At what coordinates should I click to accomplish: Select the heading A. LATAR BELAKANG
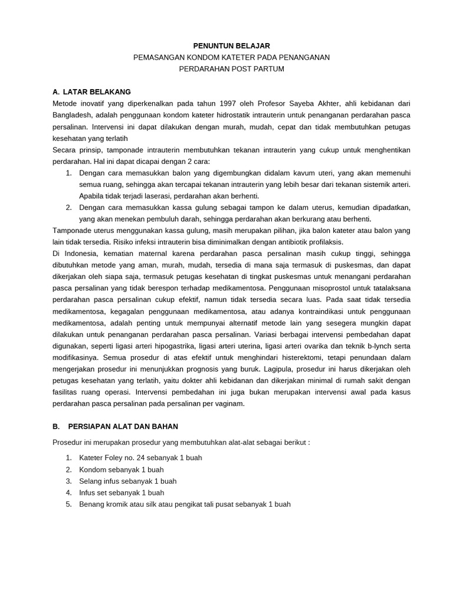tap(91, 92)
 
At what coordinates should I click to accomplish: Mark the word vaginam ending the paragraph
tap(229, 403)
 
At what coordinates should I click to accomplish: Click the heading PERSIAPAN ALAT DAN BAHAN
tap(123, 426)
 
